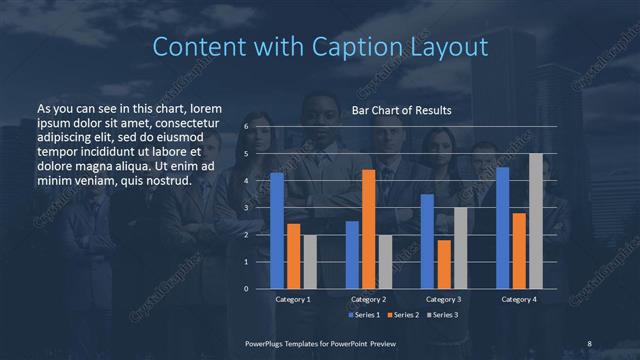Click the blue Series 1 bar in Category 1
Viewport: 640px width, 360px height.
click(277, 231)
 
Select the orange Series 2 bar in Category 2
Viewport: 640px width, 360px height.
click(369, 229)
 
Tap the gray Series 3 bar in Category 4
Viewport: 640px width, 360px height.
click(536, 221)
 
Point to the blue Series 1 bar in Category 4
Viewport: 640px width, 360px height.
click(503, 228)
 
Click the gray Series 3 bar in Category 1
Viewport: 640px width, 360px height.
click(310, 262)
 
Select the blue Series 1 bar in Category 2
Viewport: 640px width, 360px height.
click(352, 255)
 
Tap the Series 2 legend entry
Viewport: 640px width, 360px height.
click(402, 315)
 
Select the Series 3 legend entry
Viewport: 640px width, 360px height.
click(441, 315)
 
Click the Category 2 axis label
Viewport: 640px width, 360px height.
click(369, 300)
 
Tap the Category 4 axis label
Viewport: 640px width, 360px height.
click(519, 300)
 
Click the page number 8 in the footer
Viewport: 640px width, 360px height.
click(590, 342)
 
